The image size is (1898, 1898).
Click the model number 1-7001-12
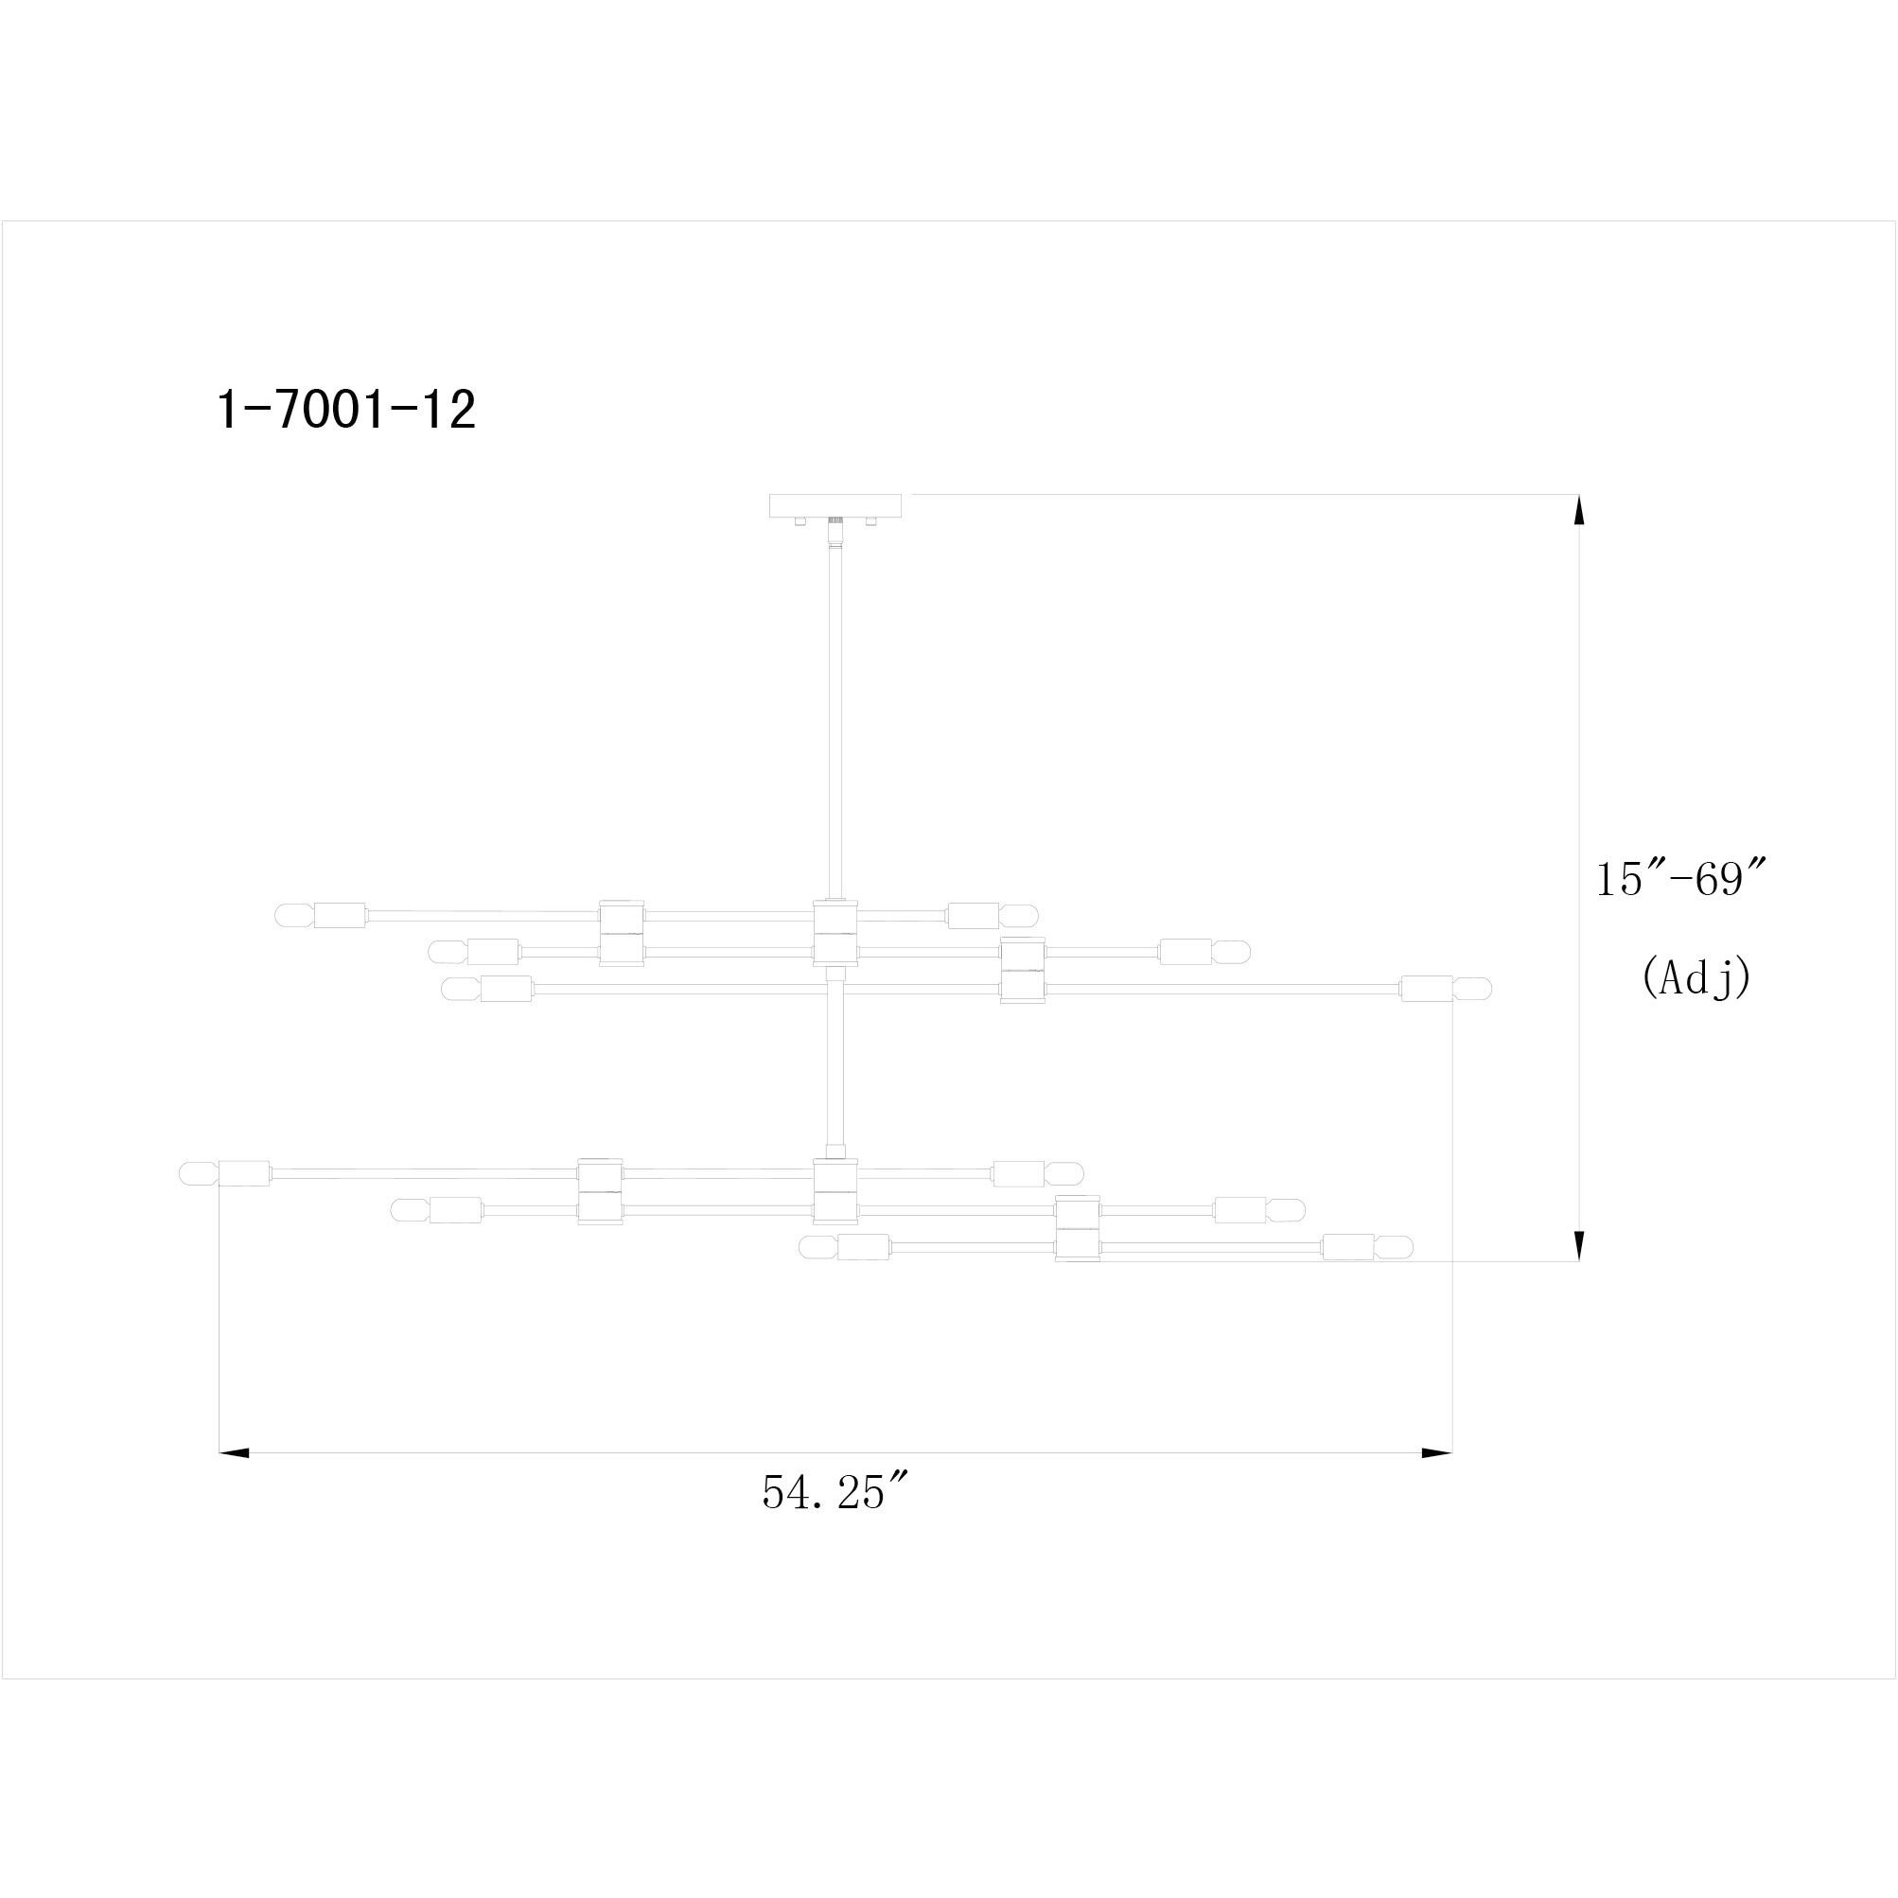[345, 410]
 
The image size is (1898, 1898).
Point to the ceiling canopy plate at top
[836, 505]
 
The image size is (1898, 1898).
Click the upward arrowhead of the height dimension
[1579, 511]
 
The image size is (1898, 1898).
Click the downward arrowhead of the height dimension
[1579, 1245]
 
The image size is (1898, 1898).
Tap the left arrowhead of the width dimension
[234, 1452]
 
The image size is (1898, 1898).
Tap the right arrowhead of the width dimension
[1436, 1452]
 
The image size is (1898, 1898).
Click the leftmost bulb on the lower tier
[197, 1173]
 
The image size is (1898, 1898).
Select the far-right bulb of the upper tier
[1473, 989]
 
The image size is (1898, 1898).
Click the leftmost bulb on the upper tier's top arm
[292, 915]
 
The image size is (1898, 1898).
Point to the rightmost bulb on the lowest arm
[1393, 1248]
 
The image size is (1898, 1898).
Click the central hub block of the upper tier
[835, 932]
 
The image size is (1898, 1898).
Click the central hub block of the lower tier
[835, 1189]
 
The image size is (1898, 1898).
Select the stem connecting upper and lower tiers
[835, 1061]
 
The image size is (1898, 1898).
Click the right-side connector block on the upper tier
[1022, 970]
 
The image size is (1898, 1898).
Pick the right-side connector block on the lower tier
[1077, 1228]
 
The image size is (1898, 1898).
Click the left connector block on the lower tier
[599, 1190]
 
